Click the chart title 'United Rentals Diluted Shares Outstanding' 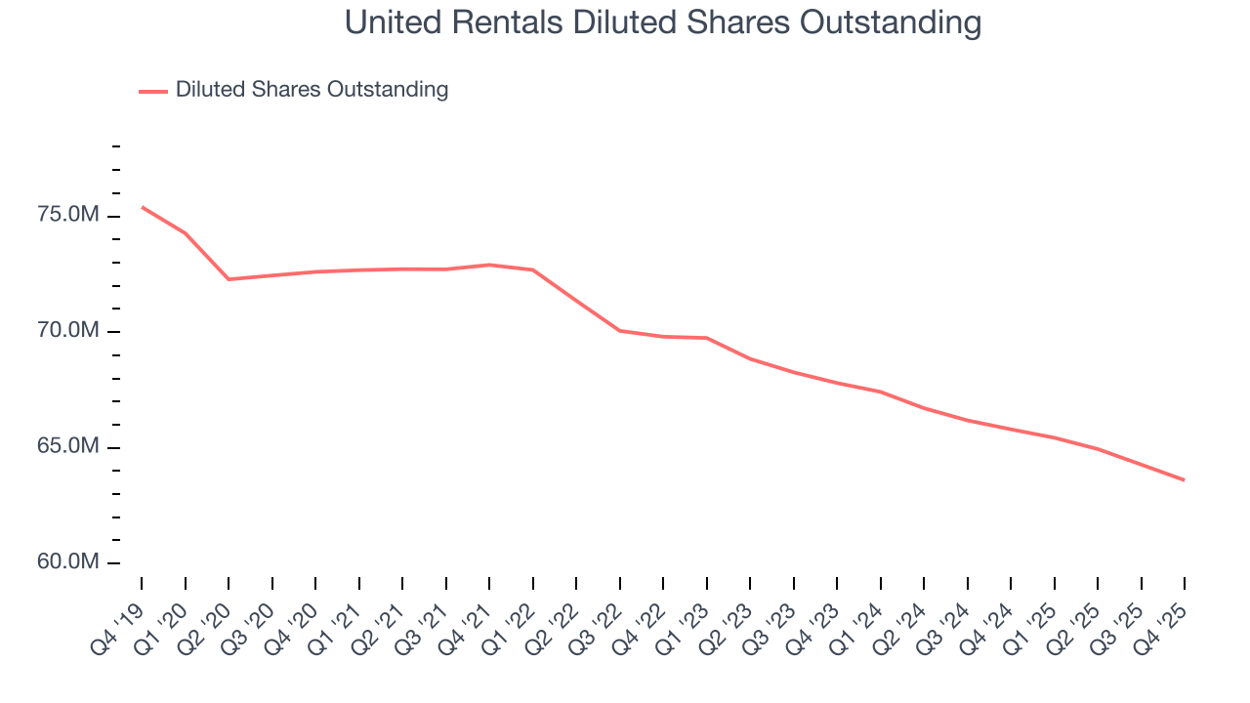663,22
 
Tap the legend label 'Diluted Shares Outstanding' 312,90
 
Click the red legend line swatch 153,91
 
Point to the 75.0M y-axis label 68,215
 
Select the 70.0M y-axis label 68,331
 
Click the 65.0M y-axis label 68,446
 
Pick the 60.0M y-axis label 68,562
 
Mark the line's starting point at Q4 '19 142,207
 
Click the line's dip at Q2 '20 229,279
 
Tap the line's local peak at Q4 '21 489,265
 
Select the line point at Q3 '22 620,331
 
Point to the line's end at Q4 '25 1185,480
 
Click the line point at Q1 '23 707,338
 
